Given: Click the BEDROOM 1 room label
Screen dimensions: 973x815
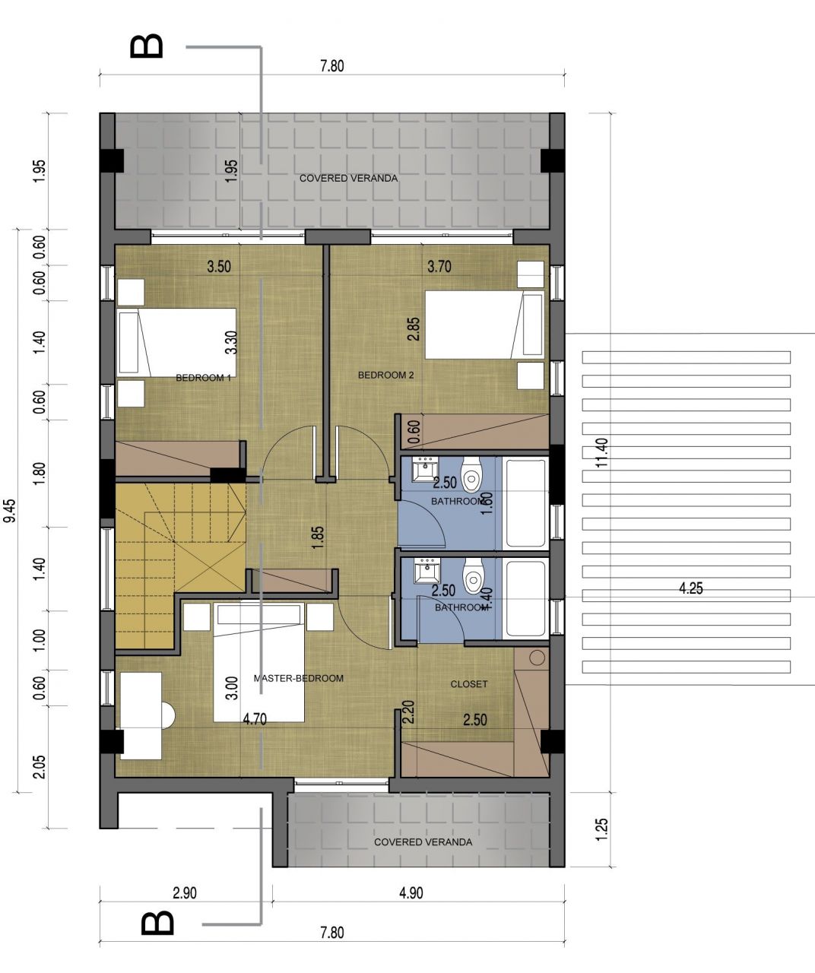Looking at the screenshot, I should tap(203, 378).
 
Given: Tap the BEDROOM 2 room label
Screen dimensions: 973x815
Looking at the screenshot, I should tap(385, 376).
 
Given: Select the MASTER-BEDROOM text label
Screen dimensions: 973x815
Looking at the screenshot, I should tap(298, 678).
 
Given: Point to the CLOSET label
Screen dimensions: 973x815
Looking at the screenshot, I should tap(469, 684).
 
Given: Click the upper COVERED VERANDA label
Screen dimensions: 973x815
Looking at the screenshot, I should tap(348, 179).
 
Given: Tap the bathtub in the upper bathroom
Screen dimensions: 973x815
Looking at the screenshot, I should tap(525, 502).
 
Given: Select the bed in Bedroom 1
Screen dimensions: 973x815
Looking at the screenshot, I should tap(176, 341).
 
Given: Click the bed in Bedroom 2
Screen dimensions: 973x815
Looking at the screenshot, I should tap(484, 325).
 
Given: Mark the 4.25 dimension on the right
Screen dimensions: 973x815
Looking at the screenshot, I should tap(690, 588).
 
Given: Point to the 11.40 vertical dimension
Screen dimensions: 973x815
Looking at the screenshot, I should tap(602, 454).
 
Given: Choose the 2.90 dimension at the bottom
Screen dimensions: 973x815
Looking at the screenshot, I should tap(184, 893).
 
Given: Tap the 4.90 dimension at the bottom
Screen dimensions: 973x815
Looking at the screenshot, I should tap(411, 893).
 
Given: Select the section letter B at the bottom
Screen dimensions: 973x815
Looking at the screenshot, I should tap(157, 924).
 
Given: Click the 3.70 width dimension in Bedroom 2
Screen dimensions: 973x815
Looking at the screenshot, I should tap(439, 267).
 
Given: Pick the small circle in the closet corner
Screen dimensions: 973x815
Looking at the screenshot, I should tap(538, 658).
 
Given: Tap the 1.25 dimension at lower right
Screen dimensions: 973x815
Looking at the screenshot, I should tap(602, 829).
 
